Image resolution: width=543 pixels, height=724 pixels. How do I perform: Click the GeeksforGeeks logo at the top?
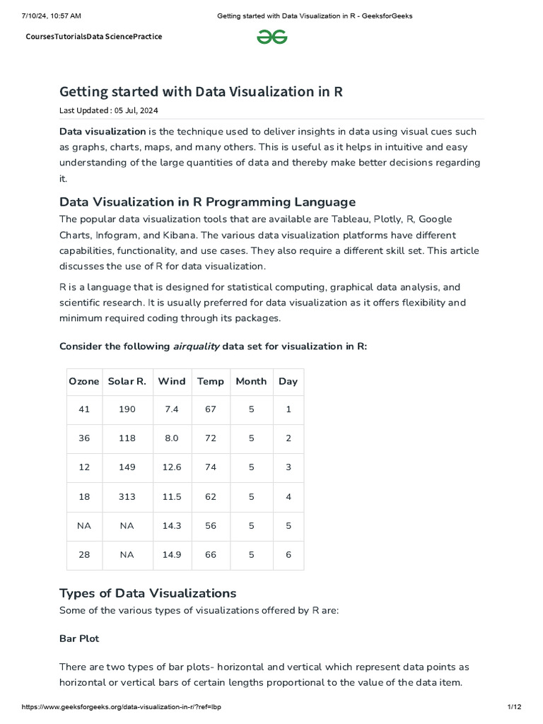(x=271, y=37)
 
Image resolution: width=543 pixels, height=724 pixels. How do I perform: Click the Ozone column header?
(x=84, y=381)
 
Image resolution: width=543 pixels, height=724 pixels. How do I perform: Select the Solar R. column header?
(x=127, y=381)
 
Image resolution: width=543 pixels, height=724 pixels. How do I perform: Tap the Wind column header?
(x=172, y=381)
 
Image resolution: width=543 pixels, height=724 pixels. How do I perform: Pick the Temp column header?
(x=210, y=381)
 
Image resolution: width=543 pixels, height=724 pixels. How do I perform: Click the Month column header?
(x=251, y=381)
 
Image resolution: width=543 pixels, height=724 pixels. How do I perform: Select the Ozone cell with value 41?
(x=84, y=409)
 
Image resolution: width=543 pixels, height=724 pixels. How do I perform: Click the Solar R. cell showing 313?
(x=127, y=497)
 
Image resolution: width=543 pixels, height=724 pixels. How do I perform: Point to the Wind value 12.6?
(x=172, y=467)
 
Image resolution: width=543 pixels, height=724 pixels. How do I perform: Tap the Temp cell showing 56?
(x=210, y=526)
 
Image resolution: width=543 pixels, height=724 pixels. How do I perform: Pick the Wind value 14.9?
(x=172, y=555)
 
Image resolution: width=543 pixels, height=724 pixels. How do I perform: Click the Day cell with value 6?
(x=288, y=555)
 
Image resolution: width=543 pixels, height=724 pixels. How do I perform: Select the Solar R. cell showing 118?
(x=127, y=438)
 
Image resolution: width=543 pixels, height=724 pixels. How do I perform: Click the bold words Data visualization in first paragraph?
(x=103, y=132)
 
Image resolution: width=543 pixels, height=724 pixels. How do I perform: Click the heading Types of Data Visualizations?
(x=148, y=592)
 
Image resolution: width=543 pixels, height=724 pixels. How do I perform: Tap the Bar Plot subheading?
(x=79, y=638)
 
